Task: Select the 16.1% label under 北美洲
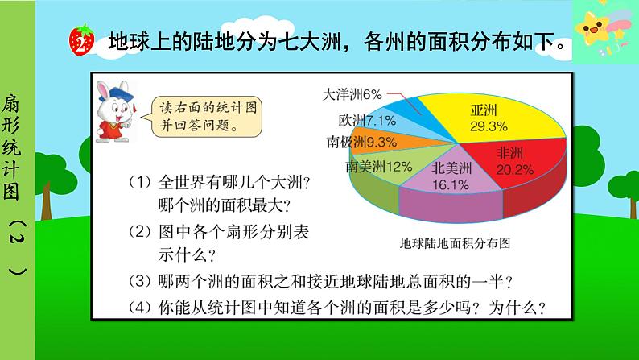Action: tap(451, 184)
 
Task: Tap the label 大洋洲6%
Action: tap(352, 94)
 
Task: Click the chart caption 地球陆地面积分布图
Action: tap(456, 242)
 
